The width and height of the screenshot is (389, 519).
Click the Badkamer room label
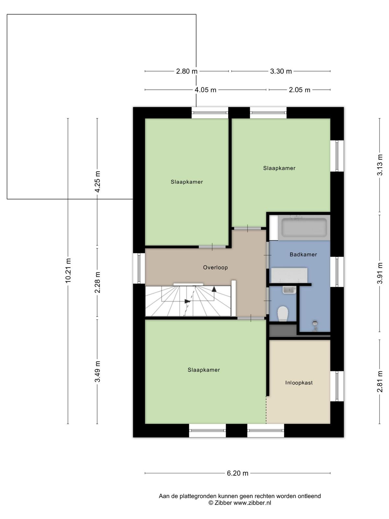(303, 254)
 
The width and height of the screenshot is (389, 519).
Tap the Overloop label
(215, 267)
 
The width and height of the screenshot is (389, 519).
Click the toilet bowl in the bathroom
(282, 314)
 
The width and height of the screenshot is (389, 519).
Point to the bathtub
(304, 227)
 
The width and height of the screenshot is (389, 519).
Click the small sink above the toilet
(289, 290)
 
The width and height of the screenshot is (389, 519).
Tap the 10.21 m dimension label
(68, 271)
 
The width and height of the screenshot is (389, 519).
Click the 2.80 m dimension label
(187, 71)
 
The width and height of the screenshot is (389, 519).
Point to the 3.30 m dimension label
(281, 71)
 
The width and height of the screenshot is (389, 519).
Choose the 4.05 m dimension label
(205, 90)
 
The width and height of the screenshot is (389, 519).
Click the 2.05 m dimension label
(300, 90)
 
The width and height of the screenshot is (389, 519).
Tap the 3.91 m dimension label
(380, 273)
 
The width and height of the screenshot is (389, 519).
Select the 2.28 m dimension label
(97, 282)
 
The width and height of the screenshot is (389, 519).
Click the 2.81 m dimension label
(380, 381)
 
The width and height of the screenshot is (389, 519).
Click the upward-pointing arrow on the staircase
(214, 289)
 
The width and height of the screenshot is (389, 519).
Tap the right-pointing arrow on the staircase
(188, 301)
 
